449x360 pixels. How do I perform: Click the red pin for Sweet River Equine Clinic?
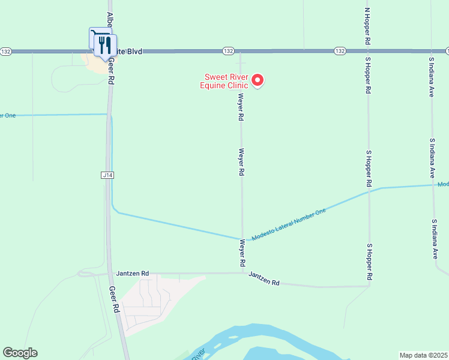(x=258, y=80)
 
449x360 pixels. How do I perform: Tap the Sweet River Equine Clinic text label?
(x=226, y=81)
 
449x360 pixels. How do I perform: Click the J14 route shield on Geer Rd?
(x=107, y=175)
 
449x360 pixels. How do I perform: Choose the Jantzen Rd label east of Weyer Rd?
(x=264, y=279)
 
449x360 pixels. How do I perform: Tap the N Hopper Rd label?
(x=367, y=25)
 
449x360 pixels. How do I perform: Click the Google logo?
(x=20, y=353)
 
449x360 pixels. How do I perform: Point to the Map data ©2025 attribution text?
(x=423, y=355)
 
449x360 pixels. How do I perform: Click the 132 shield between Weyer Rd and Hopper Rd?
(x=340, y=51)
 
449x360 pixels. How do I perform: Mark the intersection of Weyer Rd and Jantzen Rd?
(x=243, y=273)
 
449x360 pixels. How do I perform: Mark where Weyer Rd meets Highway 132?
(x=241, y=52)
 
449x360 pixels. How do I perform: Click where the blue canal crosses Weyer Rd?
(x=243, y=239)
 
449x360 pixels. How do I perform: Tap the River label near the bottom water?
(x=199, y=352)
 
